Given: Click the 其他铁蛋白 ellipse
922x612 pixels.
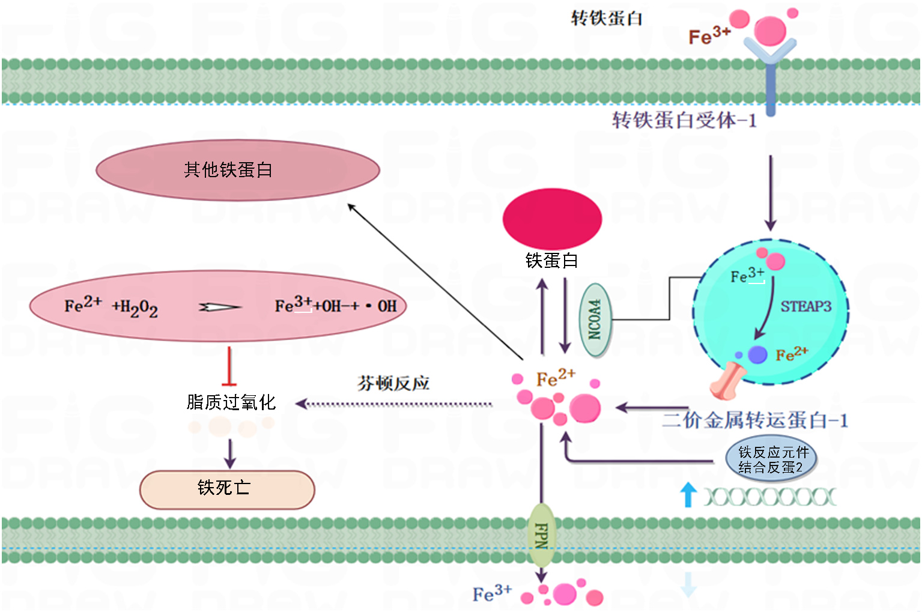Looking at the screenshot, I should point(237,170).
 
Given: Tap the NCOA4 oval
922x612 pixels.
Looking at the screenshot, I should point(595,320).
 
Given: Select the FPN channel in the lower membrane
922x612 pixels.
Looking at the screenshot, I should point(541,535).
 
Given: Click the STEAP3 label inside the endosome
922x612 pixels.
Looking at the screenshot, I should point(805,306).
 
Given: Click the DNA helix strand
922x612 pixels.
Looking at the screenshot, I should point(769,497).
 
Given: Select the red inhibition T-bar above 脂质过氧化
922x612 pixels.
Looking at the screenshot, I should point(229,366).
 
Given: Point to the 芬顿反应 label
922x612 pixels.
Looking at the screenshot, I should point(393,383).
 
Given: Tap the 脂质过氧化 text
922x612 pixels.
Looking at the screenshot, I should point(231,402).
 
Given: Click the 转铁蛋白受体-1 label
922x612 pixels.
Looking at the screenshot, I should point(684,120).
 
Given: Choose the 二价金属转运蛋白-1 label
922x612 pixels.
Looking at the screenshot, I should point(755,420).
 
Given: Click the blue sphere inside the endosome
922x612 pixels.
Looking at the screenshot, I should point(757,354).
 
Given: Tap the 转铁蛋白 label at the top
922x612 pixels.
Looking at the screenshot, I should point(606,18).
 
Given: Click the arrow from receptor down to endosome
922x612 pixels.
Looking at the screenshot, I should point(771,192).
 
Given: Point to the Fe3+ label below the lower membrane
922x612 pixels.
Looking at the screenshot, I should point(492,593).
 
